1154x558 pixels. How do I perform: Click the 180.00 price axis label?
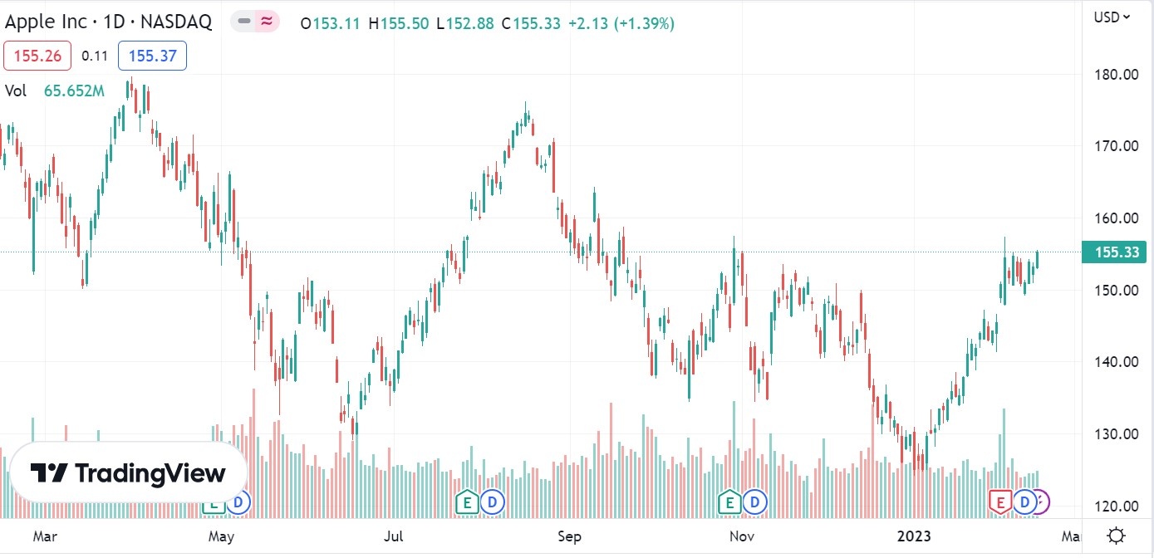1115,75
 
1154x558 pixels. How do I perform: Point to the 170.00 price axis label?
1115,146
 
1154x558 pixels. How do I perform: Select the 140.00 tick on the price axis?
1115,362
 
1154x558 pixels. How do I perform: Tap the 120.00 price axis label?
1115,506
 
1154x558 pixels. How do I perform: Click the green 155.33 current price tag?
1113,252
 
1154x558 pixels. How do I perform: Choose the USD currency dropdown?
1112,17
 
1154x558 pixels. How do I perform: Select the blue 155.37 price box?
152,56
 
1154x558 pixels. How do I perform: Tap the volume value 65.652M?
74,91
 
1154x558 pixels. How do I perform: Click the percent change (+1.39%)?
644,24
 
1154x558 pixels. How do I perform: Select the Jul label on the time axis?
395,537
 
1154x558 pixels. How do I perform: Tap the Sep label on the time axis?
569,537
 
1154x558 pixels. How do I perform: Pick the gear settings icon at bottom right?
1117,536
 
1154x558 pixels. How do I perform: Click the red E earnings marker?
999,502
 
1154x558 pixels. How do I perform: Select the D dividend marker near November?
755,502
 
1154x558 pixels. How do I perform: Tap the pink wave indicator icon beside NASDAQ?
266,22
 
